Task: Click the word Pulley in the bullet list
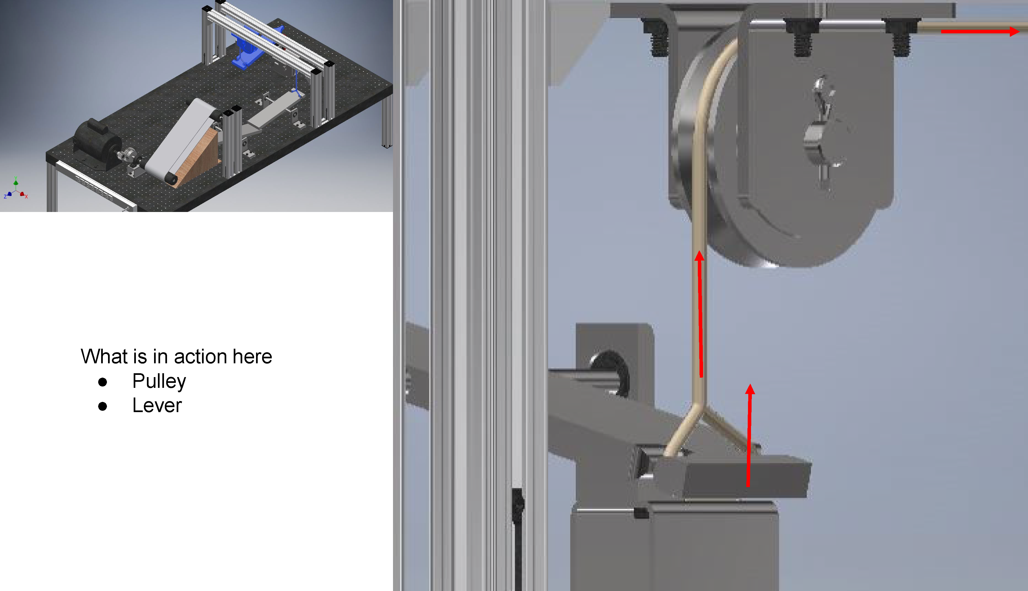(159, 382)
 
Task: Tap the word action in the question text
(200, 356)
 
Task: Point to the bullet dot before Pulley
(103, 382)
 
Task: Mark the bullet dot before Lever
(103, 406)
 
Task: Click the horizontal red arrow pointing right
(980, 31)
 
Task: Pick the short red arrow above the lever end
(749, 435)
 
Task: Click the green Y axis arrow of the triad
(16, 182)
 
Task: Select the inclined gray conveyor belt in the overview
(181, 140)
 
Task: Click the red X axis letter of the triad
(26, 197)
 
